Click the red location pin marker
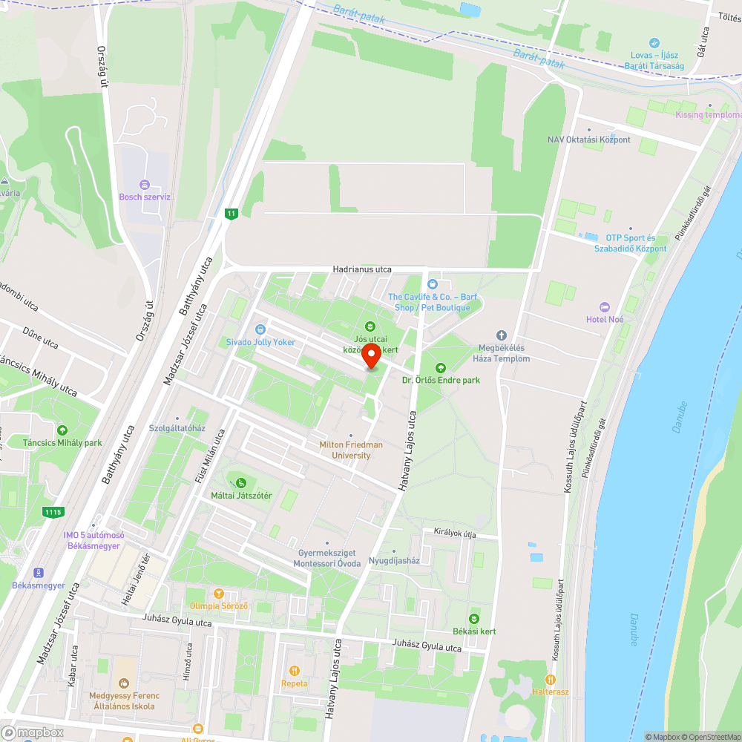coord(371,355)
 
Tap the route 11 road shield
coord(232,214)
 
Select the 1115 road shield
coord(53,512)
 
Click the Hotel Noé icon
coord(605,307)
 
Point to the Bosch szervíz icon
coord(145,185)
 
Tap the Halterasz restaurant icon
coord(550,679)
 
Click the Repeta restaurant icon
coord(295,671)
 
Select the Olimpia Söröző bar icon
coord(218,594)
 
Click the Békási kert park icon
coord(474,619)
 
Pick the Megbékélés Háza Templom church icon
coord(501,336)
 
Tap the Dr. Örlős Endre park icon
coord(440,368)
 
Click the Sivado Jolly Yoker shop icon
coord(260,329)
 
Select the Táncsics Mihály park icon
coord(62,430)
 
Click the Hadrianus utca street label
coord(362,269)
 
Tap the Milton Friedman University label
coord(351,450)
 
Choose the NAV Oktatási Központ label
coord(589,139)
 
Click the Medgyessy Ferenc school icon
coord(123,683)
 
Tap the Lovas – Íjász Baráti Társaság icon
coord(654,43)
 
